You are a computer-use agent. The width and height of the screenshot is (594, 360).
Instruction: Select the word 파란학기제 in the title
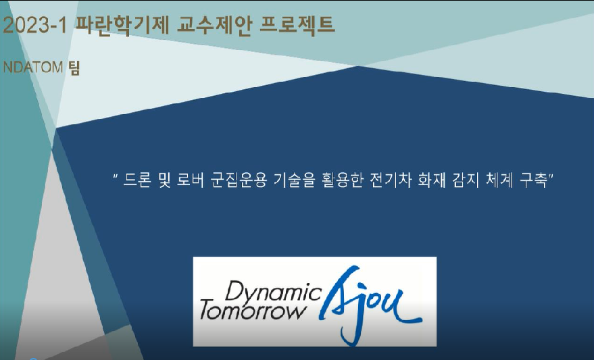point(122,26)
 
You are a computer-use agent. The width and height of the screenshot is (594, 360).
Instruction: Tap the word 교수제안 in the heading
point(214,26)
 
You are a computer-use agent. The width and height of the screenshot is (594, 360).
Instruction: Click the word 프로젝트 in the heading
point(298,26)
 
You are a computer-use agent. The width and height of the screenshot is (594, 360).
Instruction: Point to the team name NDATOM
point(33,68)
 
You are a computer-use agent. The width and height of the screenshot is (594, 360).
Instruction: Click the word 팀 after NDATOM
point(74,68)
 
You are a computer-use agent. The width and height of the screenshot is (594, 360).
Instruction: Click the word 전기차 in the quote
point(390,180)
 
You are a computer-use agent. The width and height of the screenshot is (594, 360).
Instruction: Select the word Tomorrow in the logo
point(252,311)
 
